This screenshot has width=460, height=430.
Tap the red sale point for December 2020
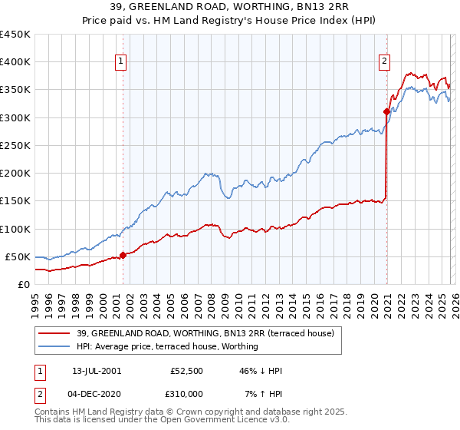tap(386, 112)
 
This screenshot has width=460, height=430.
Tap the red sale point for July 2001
tap(123, 255)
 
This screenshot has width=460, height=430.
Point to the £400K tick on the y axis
tap(15, 62)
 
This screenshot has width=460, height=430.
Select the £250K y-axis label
tap(15, 145)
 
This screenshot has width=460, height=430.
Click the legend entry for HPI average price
tap(167, 347)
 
